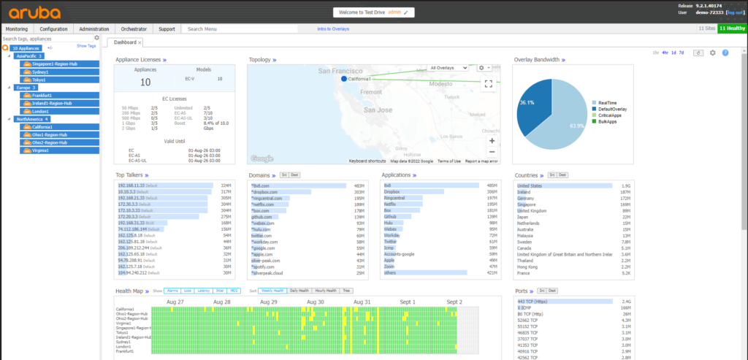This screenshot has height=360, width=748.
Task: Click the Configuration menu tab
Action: (53, 29)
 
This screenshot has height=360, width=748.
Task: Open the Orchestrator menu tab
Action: (134, 29)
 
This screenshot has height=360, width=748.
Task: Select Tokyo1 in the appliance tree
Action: (40, 80)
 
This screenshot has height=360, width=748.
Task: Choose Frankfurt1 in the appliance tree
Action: (42, 95)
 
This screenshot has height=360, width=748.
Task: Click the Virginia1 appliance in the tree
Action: (41, 150)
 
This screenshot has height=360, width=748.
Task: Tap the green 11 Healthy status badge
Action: (732, 28)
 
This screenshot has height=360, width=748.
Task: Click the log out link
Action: (734, 12)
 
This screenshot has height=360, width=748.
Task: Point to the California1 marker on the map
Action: (343, 78)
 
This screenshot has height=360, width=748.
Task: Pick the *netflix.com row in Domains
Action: (262, 204)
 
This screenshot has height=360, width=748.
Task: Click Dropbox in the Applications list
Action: (393, 191)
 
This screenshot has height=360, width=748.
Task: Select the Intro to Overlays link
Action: (332, 29)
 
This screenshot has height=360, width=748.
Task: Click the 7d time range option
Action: (682, 53)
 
